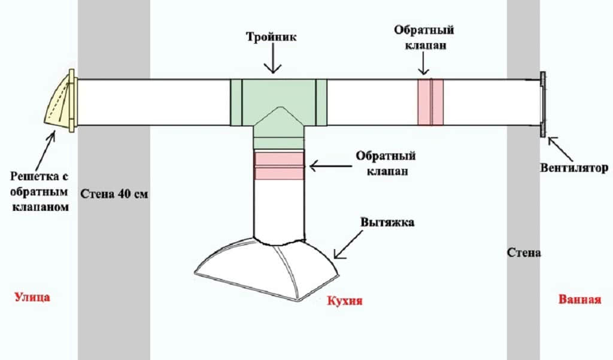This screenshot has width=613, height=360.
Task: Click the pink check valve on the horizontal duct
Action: click(x=430, y=102)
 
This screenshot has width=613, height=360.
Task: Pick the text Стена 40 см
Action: click(x=113, y=194)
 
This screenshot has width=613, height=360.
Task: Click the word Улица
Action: click(x=31, y=297)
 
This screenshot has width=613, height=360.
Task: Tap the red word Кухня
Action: click(x=345, y=300)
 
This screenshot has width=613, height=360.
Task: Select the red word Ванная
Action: click(x=579, y=300)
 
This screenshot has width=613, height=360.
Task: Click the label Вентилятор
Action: click(x=577, y=169)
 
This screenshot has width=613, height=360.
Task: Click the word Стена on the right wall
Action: click(x=524, y=253)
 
